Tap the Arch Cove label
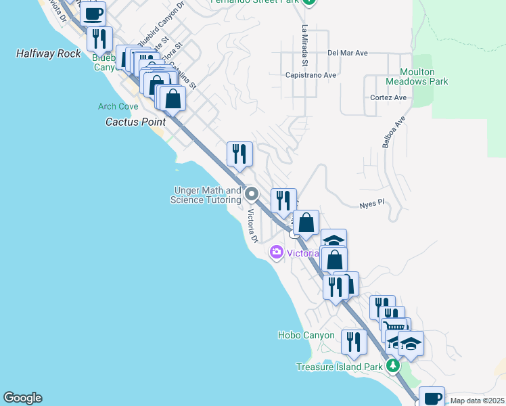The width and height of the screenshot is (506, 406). pyautogui.click(x=118, y=106)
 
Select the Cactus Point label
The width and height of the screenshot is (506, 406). pyautogui.click(x=136, y=122)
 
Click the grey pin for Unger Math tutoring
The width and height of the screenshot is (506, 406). pyautogui.click(x=252, y=195)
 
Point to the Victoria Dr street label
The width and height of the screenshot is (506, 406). pyautogui.click(x=252, y=227)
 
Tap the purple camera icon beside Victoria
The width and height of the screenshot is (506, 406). pyautogui.click(x=276, y=253)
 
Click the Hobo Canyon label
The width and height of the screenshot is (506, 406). pyautogui.click(x=306, y=335)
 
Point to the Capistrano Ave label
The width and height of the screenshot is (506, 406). pyautogui.click(x=310, y=75)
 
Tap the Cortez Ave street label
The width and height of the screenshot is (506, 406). pyautogui.click(x=388, y=97)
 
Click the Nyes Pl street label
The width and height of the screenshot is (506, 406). pyautogui.click(x=371, y=203)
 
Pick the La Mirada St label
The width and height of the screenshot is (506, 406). pyautogui.click(x=305, y=45)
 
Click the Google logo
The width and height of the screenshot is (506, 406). pyautogui.click(x=22, y=398)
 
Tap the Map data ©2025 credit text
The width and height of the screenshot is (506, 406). pyautogui.click(x=478, y=401)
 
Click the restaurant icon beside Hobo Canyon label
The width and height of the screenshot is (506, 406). pyautogui.click(x=353, y=342)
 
